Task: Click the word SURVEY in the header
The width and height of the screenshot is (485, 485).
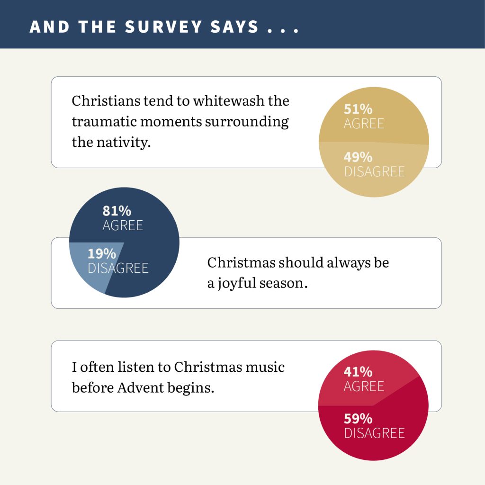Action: pos(163,27)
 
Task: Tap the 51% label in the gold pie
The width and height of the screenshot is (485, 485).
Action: pos(358,109)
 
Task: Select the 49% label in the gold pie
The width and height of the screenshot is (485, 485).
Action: pos(358,157)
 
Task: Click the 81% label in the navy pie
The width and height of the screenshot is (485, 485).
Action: pos(117,211)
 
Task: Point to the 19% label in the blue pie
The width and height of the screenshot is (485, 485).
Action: pos(102,254)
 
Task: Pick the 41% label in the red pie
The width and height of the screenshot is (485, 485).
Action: pos(358,372)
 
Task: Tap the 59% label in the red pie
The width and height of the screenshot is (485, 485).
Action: pos(358,419)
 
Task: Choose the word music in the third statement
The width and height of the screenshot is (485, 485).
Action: pos(265,367)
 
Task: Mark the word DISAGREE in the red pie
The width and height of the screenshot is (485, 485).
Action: pos(374,433)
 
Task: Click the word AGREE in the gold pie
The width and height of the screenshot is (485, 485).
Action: pos(364,124)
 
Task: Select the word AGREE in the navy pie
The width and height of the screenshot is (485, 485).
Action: pos(123,225)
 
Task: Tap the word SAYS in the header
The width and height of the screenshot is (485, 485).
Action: pos(234,27)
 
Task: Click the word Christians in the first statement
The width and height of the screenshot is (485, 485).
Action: pos(106,101)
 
